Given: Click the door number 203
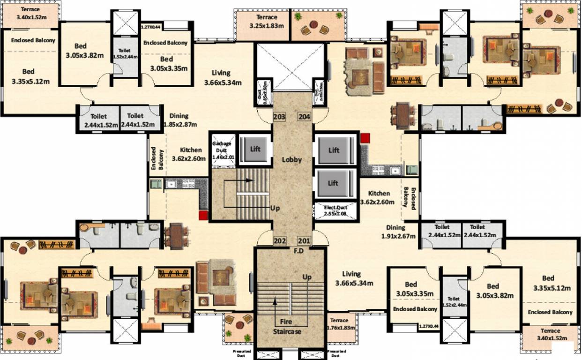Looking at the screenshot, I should pyautogui.click(x=279, y=116).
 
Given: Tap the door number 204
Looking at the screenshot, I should pyautogui.click(x=305, y=116).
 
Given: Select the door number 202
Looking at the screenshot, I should pyautogui.click(x=280, y=241).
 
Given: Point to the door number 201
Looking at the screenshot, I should pyautogui.click(x=304, y=241).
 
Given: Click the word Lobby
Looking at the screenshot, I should pyautogui.click(x=291, y=159).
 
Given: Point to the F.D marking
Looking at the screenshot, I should pyautogui.click(x=298, y=250).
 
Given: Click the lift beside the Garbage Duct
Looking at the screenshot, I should pyautogui.click(x=255, y=150).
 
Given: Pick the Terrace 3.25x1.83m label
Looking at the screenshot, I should pyautogui.click(x=267, y=21).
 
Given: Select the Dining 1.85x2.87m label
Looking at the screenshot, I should pyautogui.click(x=180, y=120).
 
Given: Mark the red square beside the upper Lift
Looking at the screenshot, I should pyautogui.click(x=365, y=138).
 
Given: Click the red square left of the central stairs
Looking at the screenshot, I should pyautogui.click(x=203, y=215).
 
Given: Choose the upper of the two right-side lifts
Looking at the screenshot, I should pyautogui.click(x=334, y=150).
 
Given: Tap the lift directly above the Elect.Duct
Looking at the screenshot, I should pyautogui.click(x=333, y=183).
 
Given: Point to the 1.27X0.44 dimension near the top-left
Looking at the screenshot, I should pyautogui.click(x=150, y=28).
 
